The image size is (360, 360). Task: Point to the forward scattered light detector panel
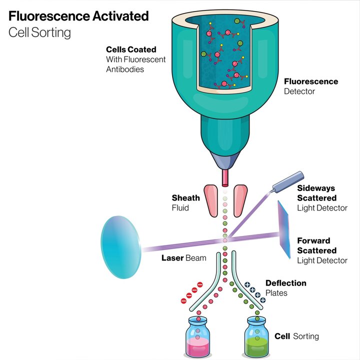click(284, 229)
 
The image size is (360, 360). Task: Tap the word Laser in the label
click(173, 258)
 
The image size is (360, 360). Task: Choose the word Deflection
click(285, 283)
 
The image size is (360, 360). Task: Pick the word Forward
click(313, 241)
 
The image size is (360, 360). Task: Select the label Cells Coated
click(131, 50)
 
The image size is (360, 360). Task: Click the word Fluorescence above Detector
click(311, 81)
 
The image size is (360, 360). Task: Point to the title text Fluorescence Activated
click(79, 16)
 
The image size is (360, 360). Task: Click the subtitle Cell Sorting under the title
click(39, 33)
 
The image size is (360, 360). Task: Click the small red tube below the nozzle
click(225, 177)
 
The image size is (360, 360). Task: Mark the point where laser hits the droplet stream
click(225, 240)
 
